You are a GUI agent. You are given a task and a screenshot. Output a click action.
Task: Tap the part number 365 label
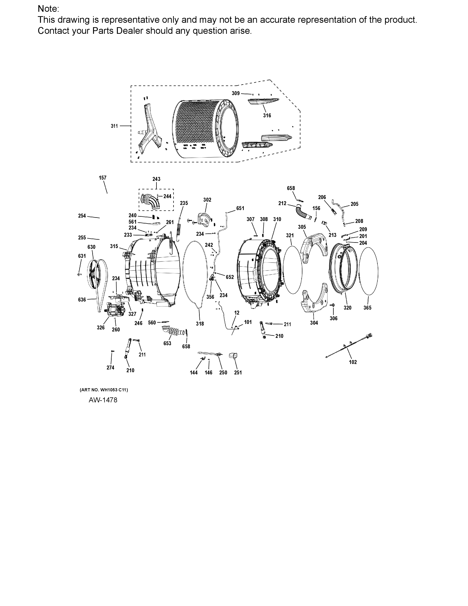point(367,308)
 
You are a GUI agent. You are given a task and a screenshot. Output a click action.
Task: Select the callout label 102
point(353,362)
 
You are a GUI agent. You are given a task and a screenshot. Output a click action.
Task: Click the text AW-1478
point(103,400)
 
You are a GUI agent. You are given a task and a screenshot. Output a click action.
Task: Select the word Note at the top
point(48,9)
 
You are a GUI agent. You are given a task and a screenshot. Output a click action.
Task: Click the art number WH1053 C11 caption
point(104,390)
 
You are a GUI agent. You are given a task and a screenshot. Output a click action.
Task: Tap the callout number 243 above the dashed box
point(156,179)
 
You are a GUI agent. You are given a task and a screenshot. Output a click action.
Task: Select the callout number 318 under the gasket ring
point(200,324)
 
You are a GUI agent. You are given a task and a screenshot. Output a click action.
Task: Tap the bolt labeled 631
point(79,274)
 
